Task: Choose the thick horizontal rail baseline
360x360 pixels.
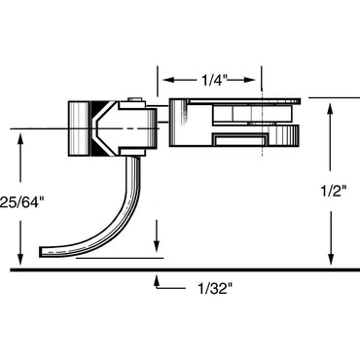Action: [x=180, y=270]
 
